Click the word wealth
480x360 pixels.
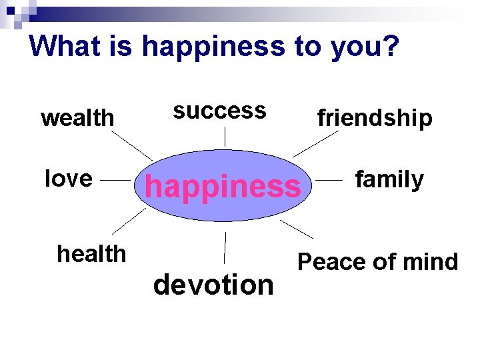[77, 118]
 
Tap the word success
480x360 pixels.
[219, 110]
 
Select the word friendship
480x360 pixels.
[375, 118]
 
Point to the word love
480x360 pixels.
[68, 179]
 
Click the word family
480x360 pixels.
[389, 179]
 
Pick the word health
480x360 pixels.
[91, 253]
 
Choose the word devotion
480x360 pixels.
[213, 285]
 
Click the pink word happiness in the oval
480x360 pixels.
[223, 187]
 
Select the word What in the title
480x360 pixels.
[63, 46]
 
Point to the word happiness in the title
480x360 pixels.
[212, 46]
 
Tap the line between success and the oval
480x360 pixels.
[225, 137]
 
